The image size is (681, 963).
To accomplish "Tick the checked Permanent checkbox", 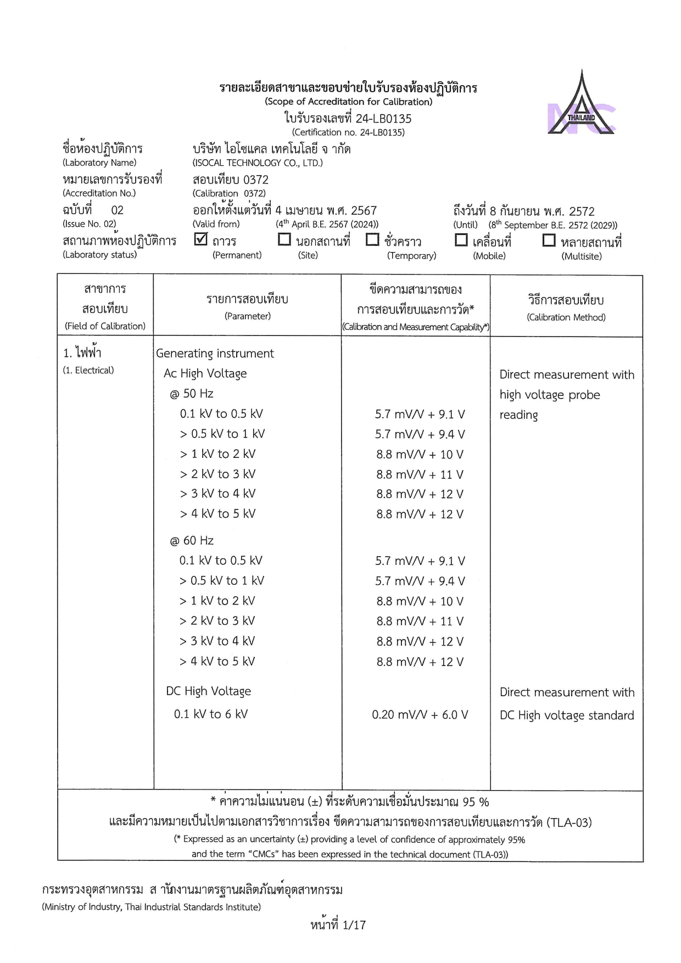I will pos(201,239).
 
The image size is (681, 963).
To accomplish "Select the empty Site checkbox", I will pos(284,239).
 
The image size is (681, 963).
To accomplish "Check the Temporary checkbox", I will pos(372,239).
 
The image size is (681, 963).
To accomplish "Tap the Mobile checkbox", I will pos(461,240).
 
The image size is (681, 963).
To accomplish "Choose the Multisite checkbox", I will pos(549,240).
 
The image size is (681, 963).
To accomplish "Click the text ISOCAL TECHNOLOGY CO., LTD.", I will pos(257,163).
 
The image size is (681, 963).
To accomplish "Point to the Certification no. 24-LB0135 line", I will pos(348,132).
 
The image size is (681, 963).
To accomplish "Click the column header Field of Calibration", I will pos(105,326).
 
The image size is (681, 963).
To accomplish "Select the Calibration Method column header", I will pos(566,317).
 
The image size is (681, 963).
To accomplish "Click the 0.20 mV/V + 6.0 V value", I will pos(420,715).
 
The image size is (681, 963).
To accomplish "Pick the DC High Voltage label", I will pos(208,691).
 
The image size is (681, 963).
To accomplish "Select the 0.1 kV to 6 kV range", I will pos(210,714).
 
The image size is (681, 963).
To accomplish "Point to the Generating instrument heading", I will pos(215,354).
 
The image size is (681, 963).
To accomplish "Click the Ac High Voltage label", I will pos(205,373).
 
